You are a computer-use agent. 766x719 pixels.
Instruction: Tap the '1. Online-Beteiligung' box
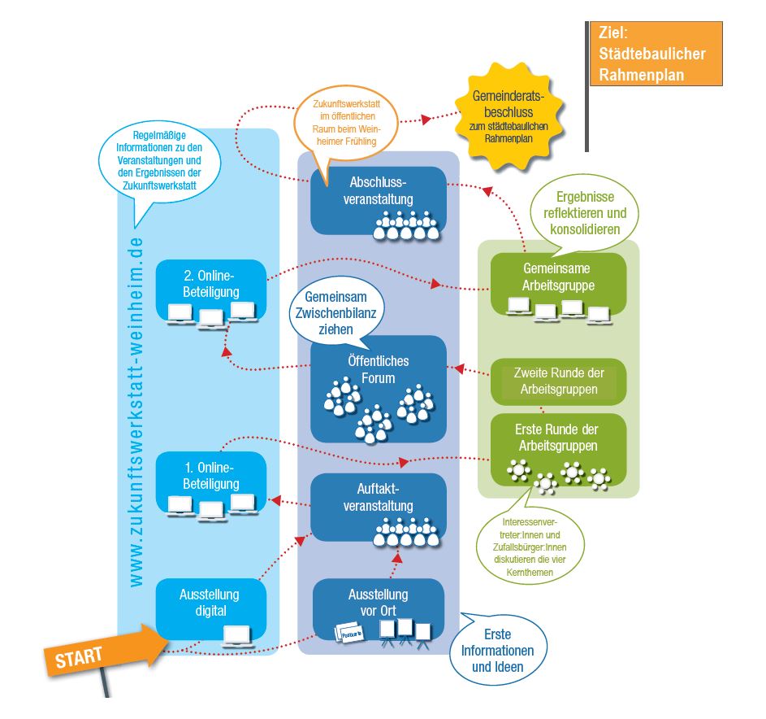point(210,485)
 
